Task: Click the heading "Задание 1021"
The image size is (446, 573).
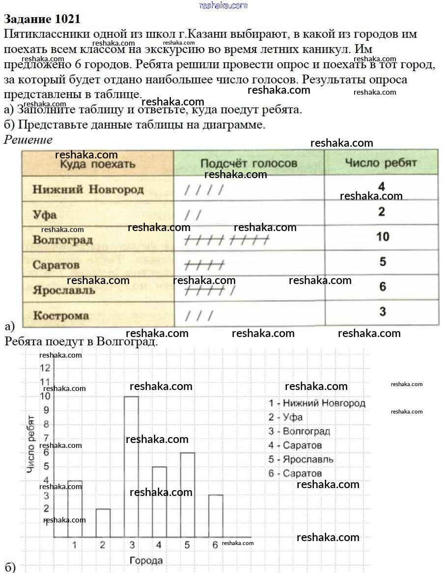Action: coord(42,19)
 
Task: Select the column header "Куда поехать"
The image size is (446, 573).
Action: coord(97,164)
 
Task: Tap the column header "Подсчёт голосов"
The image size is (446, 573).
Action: coord(249,163)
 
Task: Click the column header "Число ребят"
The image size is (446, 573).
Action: coord(381,162)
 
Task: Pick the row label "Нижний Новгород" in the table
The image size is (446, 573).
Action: coord(88,189)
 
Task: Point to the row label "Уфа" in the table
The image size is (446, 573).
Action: coord(45,214)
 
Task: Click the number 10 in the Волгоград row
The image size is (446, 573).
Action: coord(383,236)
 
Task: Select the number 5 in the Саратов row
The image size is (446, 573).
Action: coord(383,261)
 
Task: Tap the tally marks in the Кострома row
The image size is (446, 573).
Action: coord(199,315)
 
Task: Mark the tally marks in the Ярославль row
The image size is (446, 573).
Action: coord(209,290)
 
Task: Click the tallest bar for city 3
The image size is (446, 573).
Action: coord(131,466)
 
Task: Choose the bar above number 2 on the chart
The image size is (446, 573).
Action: coord(103,523)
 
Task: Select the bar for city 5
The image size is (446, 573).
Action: coord(188,495)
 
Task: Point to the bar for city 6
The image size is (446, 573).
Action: coord(216,516)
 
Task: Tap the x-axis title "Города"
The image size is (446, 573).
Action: coord(146,560)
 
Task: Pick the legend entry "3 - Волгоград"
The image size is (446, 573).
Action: coord(299,432)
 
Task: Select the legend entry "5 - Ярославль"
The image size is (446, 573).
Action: coord(301,460)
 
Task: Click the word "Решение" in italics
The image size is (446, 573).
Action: coord(28,139)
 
